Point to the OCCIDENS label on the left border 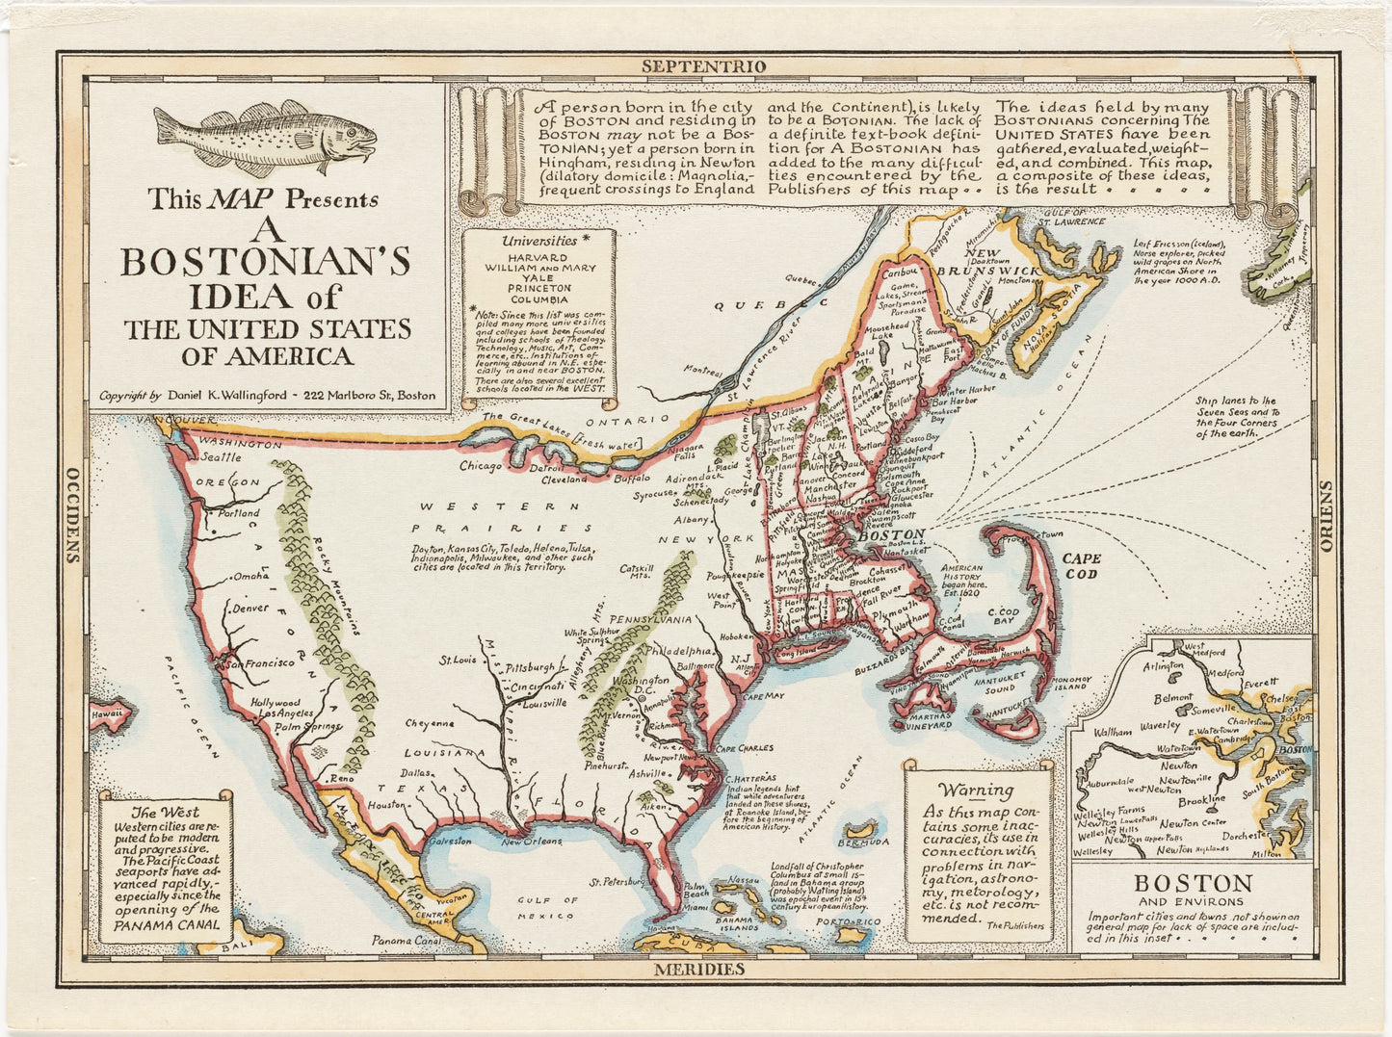(71, 514)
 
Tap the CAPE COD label (1082, 565)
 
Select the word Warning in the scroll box (976, 791)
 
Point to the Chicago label (481, 466)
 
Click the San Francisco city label (260, 662)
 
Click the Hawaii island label (107, 713)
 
